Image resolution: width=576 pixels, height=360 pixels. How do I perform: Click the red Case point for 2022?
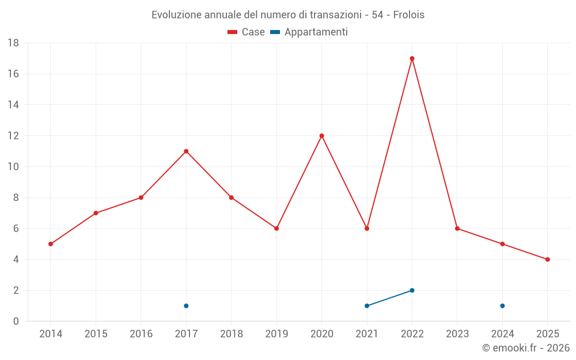tap(412, 58)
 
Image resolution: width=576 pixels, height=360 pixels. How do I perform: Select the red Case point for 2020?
tap(321, 136)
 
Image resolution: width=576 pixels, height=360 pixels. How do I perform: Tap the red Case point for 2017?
tap(186, 151)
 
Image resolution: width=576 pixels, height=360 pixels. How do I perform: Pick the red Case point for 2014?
tap(51, 244)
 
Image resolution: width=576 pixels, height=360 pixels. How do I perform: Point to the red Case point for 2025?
tap(547, 259)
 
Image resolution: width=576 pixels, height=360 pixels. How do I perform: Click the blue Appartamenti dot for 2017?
tap(186, 306)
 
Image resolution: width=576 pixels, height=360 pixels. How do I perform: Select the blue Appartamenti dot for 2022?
tap(412, 290)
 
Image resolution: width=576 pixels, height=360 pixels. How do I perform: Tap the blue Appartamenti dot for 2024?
tap(502, 306)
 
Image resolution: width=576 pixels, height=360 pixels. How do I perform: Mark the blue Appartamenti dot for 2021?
tap(367, 306)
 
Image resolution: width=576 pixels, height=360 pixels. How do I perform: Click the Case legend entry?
tap(247, 32)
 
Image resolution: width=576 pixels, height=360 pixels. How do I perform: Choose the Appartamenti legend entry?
tap(309, 32)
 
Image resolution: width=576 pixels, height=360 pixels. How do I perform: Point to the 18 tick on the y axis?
tap(13, 43)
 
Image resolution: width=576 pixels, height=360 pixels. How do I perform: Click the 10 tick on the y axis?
tap(13, 167)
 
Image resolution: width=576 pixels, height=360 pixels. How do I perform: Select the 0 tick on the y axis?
tap(16, 321)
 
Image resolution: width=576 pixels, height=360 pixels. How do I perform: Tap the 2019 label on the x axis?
tap(276, 334)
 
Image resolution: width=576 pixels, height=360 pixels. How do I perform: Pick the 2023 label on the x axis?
tap(457, 334)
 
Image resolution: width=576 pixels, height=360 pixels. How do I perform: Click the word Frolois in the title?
tap(409, 15)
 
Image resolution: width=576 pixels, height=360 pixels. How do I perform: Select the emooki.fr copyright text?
tap(526, 348)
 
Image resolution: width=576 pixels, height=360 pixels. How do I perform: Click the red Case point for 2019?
tap(276, 229)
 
